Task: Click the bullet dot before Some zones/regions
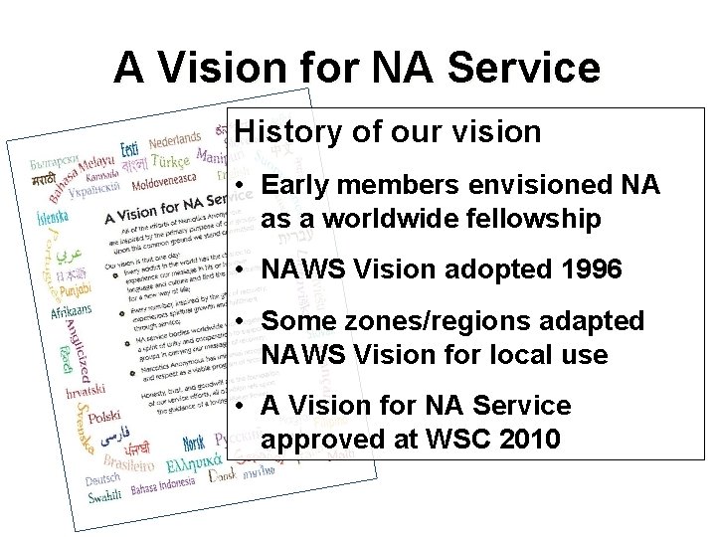click(x=242, y=322)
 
